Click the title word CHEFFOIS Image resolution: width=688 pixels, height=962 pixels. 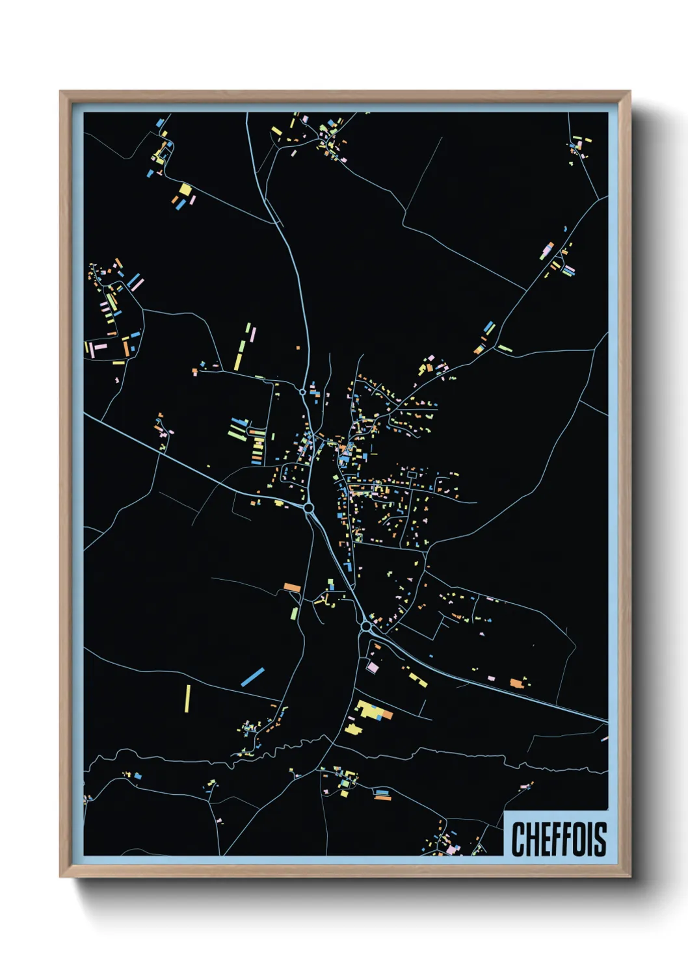click(x=559, y=839)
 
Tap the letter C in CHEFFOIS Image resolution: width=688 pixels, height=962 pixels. click(x=518, y=839)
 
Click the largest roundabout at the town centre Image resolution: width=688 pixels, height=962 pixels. click(x=309, y=508)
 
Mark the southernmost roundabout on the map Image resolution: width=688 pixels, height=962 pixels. click(x=366, y=626)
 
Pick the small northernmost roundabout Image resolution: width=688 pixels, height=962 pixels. click(x=302, y=392)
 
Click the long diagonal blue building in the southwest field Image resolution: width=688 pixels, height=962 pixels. click(x=252, y=677)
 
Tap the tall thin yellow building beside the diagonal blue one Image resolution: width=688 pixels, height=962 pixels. click(x=188, y=697)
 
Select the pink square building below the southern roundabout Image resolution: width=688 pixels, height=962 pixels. click(x=373, y=667)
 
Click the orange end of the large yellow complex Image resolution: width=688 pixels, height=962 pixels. click(x=387, y=715)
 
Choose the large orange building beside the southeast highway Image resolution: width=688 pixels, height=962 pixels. click(x=516, y=682)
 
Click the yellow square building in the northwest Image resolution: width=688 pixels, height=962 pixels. click(x=185, y=189)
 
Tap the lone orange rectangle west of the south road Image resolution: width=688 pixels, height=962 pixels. click(x=292, y=588)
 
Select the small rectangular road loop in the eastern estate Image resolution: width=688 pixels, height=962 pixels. click(x=411, y=476)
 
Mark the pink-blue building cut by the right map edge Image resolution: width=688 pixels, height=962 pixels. click(x=605, y=738)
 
